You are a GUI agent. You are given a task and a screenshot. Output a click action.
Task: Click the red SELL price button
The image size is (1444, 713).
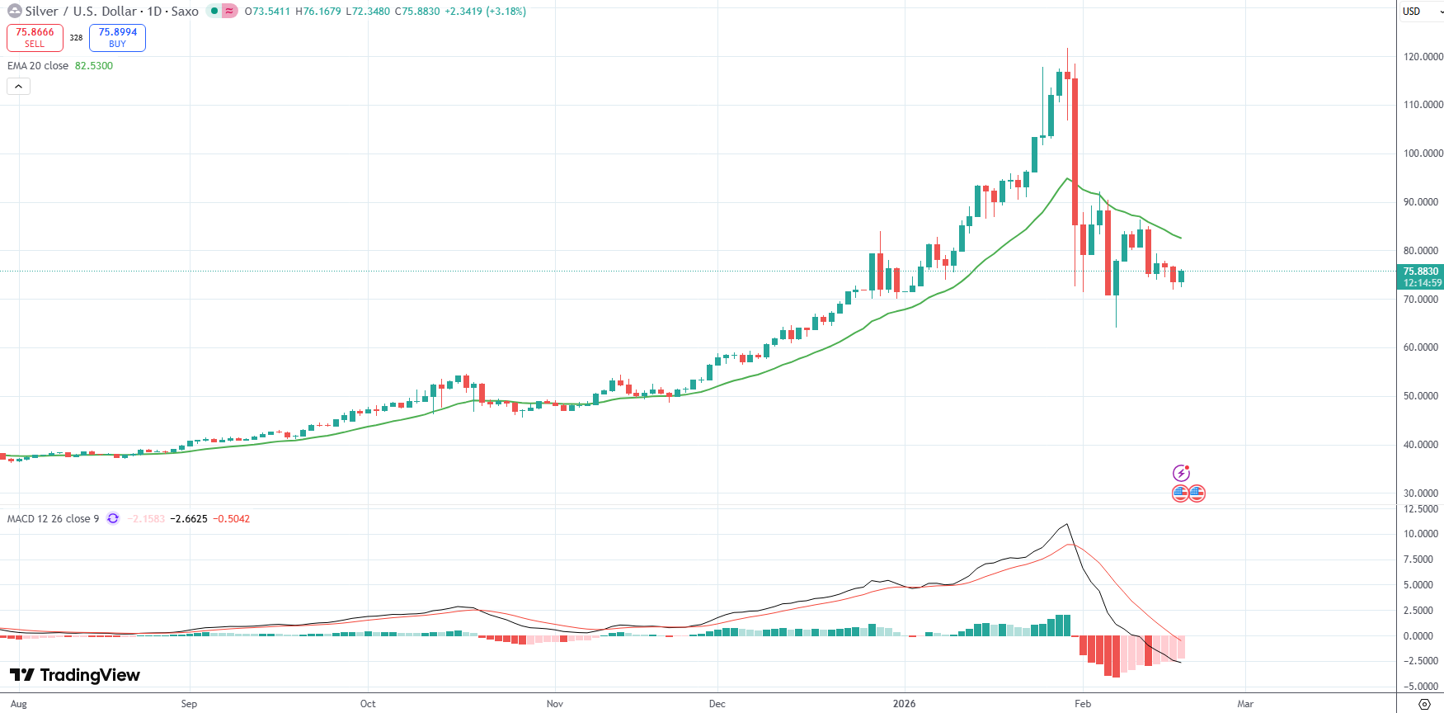click(x=35, y=38)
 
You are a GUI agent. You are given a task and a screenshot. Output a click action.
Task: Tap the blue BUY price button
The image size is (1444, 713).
click(x=117, y=38)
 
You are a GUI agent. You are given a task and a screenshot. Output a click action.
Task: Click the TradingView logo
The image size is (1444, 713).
click(x=75, y=675)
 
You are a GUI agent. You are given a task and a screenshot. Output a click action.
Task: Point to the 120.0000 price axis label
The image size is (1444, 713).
click(x=1423, y=57)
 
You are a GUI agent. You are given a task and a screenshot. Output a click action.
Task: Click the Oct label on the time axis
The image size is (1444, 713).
click(x=368, y=704)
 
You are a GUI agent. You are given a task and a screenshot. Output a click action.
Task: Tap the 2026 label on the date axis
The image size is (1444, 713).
click(x=904, y=704)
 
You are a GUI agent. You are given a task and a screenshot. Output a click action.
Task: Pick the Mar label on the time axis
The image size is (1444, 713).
click(x=1244, y=704)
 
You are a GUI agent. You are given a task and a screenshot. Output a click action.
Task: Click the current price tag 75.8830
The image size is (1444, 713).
click(x=1420, y=272)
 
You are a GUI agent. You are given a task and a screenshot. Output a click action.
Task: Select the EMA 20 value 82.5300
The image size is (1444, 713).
click(x=94, y=66)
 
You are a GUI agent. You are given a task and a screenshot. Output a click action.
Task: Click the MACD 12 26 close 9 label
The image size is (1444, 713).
click(x=53, y=519)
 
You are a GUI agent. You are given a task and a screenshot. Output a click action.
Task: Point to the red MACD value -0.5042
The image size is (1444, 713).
click(x=231, y=519)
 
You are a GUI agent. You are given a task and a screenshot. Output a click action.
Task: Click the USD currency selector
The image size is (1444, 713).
click(x=1419, y=12)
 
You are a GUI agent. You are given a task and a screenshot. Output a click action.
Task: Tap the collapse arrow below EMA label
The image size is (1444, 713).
click(x=18, y=86)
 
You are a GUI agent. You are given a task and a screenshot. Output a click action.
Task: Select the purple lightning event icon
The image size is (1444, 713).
click(x=1181, y=473)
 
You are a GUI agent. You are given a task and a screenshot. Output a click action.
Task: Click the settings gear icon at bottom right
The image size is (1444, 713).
click(x=1423, y=704)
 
